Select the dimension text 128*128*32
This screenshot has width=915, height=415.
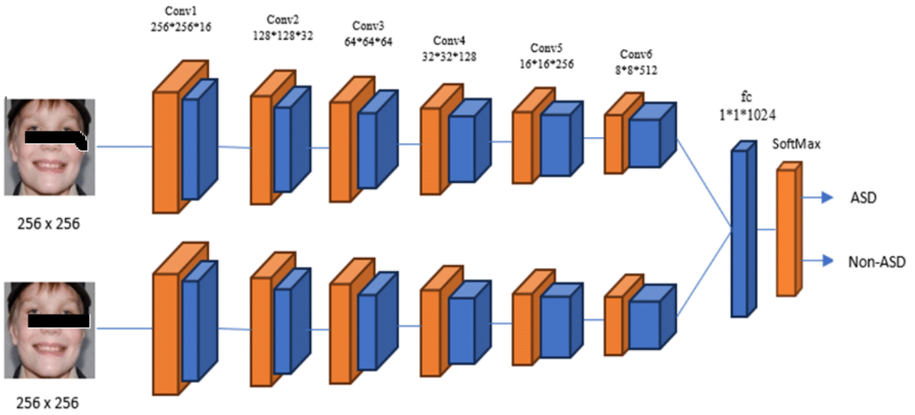[x=283, y=34]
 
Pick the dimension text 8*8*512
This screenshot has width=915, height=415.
[x=637, y=70]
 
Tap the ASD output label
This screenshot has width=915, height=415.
[x=863, y=198]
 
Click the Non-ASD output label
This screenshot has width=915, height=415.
[x=877, y=262]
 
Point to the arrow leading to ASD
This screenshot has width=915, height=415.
[x=818, y=198]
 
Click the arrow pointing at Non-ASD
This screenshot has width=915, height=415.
[x=818, y=261]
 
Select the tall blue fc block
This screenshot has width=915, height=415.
[x=740, y=230]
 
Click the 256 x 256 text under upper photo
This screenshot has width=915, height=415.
[x=48, y=224]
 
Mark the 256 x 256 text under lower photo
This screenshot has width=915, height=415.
[x=48, y=402]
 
